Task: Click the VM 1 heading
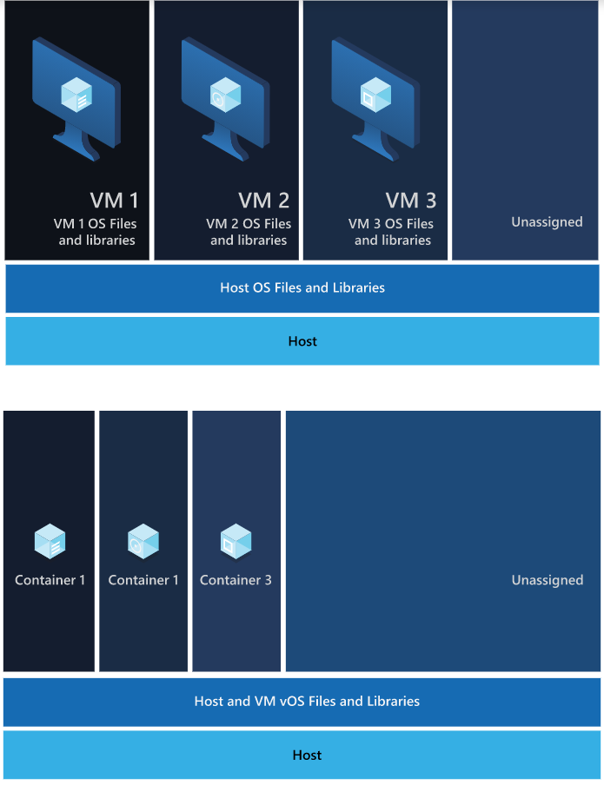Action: [x=114, y=201]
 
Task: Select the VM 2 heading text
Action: [x=263, y=201]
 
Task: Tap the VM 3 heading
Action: [x=411, y=201]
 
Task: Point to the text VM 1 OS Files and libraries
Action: [x=96, y=232]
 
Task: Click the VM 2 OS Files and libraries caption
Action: [x=249, y=232]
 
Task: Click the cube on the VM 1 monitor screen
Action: [x=76, y=95]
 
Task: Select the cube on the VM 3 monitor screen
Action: [x=375, y=95]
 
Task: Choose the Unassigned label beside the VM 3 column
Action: [x=547, y=222]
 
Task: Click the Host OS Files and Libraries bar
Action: [x=302, y=287]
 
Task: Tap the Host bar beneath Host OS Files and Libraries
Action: [x=302, y=341]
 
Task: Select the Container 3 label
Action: [x=236, y=580]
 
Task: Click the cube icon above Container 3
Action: [x=236, y=542]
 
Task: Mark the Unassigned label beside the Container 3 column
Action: [x=547, y=580]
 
